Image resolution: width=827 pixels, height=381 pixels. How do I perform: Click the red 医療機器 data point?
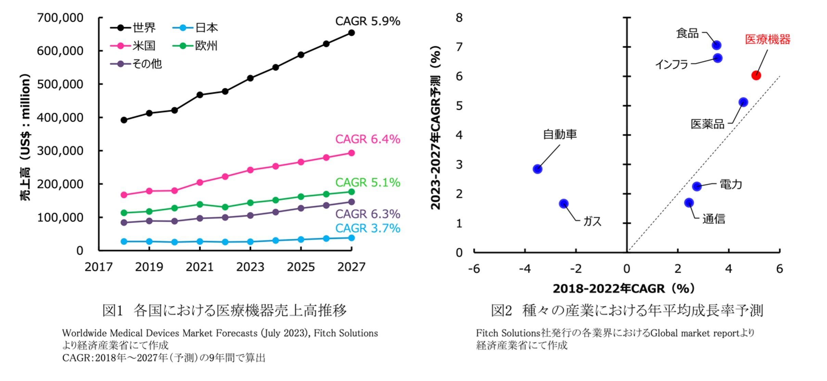[x=756, y=75]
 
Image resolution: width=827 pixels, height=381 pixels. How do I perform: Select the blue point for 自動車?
[x=537, y=169]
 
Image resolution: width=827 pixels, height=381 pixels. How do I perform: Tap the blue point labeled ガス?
[x=564, y=204]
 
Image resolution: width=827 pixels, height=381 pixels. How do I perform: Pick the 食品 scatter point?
[x=716, y=45]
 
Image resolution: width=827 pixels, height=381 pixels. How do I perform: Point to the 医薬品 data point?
[x=743, y=102]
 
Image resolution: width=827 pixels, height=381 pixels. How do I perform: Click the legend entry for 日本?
[x=195, y=28]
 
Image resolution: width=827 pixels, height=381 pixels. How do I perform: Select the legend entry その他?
[x=136, y=64]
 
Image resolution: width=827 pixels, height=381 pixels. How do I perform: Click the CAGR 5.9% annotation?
[x=368, y=21]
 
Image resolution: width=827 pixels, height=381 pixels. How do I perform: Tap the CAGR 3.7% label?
[x=368, y=228]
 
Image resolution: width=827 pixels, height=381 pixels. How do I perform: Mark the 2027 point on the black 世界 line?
[x=351, y=33]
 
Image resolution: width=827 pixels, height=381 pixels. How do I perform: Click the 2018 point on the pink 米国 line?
[x=124, y=195]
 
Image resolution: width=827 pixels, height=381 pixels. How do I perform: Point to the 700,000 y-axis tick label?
[x=60, y=18]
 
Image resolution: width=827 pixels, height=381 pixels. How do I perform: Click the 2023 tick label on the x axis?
[x=250, y=267]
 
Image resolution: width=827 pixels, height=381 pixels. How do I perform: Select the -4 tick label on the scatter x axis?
[x=525, y=269]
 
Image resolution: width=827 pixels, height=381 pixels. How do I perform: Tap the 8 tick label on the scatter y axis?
[x=459, y=18]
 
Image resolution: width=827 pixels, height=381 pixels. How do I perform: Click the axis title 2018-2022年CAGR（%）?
[x=624, y=288]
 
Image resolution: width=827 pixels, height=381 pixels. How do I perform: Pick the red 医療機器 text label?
[x=768, y=39]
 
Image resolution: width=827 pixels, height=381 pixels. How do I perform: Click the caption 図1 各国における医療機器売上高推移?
[x=225, y=310]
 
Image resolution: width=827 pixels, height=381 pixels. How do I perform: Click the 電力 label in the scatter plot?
[x=731, y=185]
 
